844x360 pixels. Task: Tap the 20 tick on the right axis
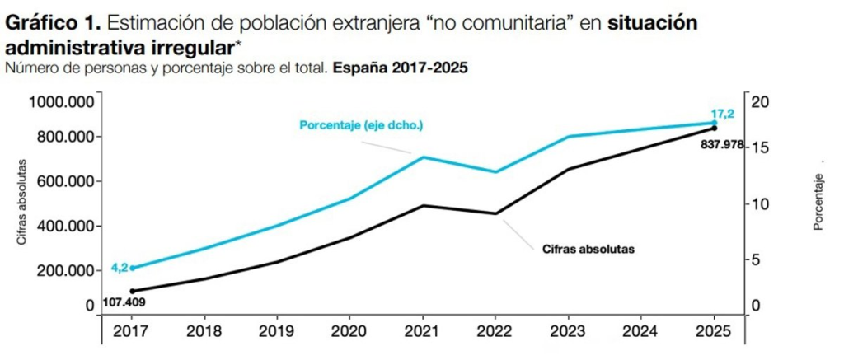coord(759,102)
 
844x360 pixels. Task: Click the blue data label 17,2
coord(722,113)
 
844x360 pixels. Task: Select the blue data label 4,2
coord(120,268)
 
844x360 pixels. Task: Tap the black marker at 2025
coord(715,128)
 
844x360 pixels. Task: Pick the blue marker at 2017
coord(133,268)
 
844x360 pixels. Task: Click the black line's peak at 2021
coord(423,205)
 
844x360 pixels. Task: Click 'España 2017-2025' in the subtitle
coord(401,69)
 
